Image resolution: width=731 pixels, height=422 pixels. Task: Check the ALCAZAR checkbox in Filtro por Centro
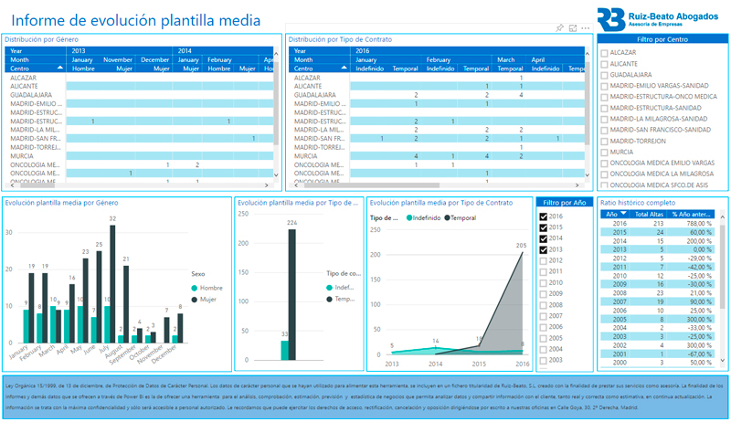[x=605, y=53]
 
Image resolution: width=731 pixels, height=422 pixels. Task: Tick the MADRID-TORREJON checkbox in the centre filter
[x=605, y=141]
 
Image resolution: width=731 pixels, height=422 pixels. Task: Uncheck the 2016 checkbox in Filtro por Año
[x=544, y=216]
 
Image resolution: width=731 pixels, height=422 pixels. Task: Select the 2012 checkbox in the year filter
[x=544, y=260]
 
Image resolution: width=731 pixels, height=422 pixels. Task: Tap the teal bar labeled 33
[x=284, y=350]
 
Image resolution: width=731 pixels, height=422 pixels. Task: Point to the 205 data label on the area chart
[x=522, y=245]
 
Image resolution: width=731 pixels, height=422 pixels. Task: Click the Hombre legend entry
[x=207, y=288]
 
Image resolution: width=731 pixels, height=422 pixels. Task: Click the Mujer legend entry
[x=206, y=299]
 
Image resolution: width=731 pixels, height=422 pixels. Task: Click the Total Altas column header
[x=649, y=214]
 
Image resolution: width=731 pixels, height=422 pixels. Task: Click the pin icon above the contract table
[x=559, y=28]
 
